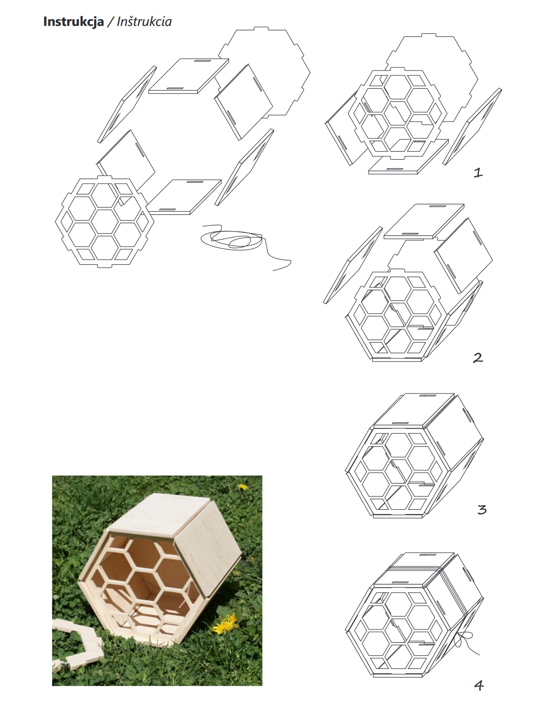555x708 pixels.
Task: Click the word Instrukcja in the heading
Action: point(74,22)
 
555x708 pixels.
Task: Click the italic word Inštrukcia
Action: point(144,21)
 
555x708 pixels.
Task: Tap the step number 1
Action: point(478,173)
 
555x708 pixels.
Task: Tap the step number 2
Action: point(478,358)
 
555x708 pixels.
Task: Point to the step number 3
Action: point(482,510)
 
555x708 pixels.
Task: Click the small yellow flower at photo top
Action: point(242,487)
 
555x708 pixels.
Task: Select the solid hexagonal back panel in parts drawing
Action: point(264,72)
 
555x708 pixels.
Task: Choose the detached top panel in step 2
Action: point(424,221)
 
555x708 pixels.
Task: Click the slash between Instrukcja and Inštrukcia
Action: point(111,22)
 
